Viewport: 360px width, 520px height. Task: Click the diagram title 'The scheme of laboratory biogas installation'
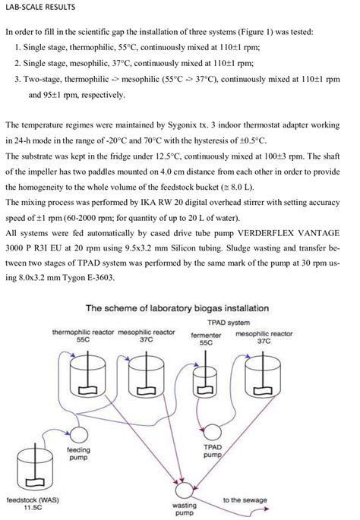point(179,308)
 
